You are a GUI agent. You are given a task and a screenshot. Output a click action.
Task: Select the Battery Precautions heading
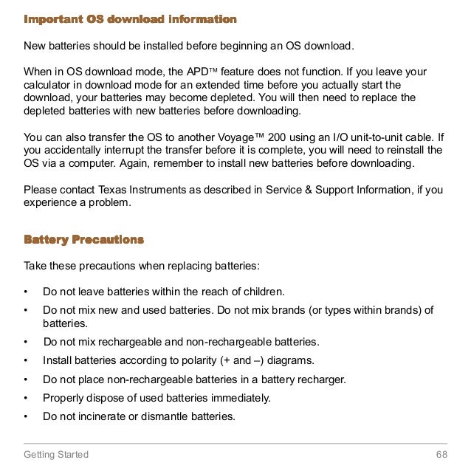(83, 240)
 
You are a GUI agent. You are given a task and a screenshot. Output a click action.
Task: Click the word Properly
(65, 398)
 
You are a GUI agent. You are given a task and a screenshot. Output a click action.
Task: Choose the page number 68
(442, 454)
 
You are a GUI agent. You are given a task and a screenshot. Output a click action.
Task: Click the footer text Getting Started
(56, 454)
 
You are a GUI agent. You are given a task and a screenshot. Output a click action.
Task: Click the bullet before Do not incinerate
(27, 416)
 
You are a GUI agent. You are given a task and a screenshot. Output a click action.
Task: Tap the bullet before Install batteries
(27, 360)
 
